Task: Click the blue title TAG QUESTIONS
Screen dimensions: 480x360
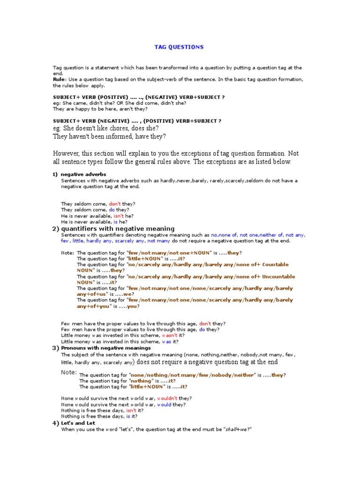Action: pyautogui.click(x=179, y=47)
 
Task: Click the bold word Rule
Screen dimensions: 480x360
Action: pyautogui.click(x=59, y=80)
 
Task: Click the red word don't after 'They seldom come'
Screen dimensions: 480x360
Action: pyautogui.click(x=115, y=204)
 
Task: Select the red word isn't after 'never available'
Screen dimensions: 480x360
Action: pyautogui.click(x=119, y=216)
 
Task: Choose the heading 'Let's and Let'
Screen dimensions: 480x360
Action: pyautogui.click(x=78, y=423)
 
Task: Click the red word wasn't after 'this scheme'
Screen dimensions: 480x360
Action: pyautogui.click(x=169, y=336)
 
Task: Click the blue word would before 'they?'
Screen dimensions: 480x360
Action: pyautogui.click(x=164, y=405)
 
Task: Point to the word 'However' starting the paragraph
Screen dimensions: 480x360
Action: pyautogui.click(x=67, y=153)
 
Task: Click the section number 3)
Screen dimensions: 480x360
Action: pyautogui.click(x=55, y=348)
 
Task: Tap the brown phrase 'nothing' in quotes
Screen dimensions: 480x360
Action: pyautogui.click(x=142, y=381)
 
